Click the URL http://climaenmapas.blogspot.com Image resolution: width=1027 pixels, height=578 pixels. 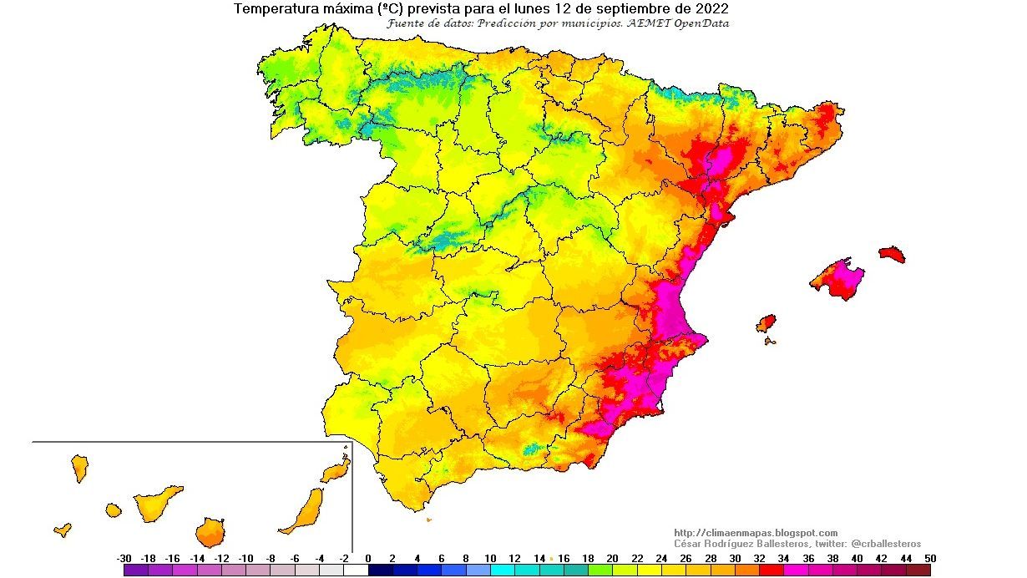pos(755,533)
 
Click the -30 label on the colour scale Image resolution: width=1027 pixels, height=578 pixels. pos(124,559)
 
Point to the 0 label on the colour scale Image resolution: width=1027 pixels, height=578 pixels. pos(368,559)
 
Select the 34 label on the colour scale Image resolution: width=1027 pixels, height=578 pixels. pos(784,559)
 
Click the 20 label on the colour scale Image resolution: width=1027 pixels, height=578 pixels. pos(613,559)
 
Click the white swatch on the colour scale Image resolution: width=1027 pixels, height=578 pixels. pos(356,570)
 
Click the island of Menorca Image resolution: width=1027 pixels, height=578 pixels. pos(892,254)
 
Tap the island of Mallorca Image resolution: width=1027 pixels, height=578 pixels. pos(838,279)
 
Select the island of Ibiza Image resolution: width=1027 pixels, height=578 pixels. pos(766,323)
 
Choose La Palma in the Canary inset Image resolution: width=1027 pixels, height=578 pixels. pos(80,468)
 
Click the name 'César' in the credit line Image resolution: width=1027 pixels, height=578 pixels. pos(690,544)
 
